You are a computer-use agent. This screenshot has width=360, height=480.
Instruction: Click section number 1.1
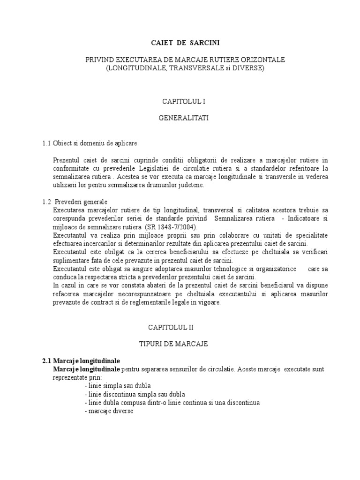pyautogui.click(x=46, y=142)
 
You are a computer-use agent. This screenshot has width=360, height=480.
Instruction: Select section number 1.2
pyautogui.click(x=46, y=202)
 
